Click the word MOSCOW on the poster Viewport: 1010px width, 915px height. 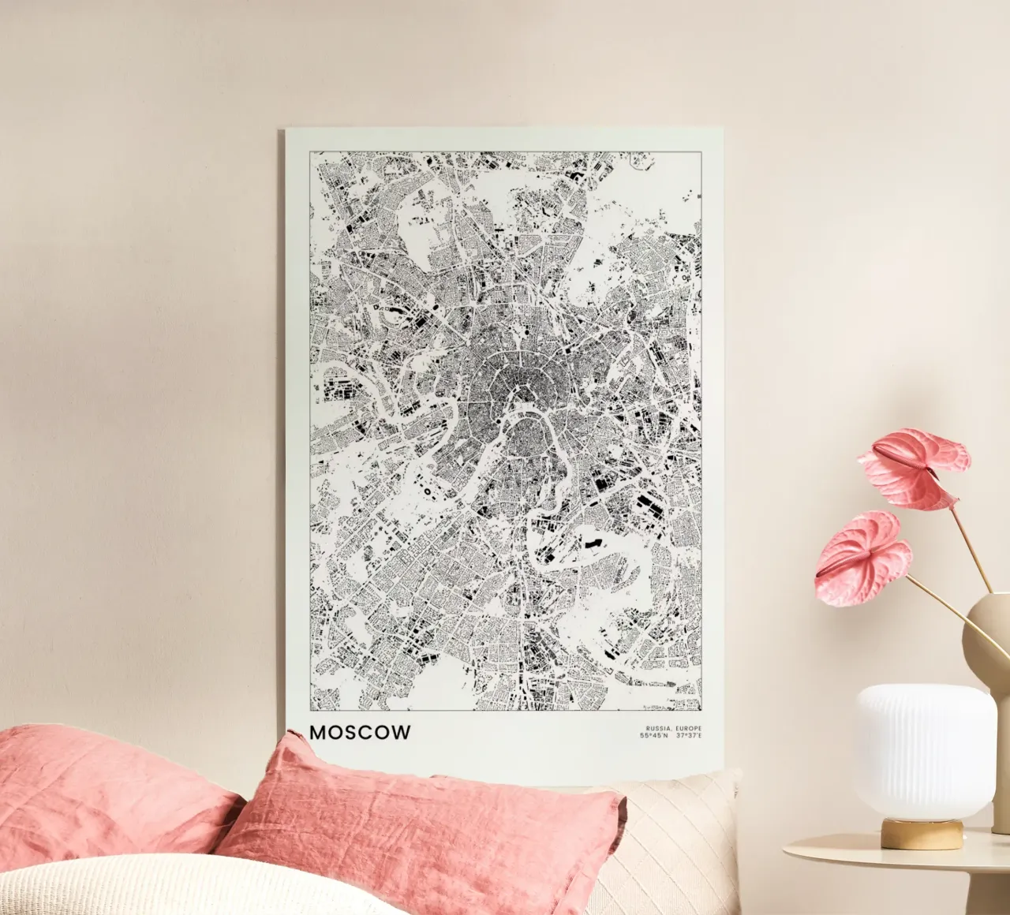[x=360, y=732]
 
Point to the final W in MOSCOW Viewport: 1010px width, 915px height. [x=402, y=732]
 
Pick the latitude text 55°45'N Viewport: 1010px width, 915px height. [x=654, y=736]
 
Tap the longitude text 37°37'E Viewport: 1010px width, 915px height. [x=689, y=736]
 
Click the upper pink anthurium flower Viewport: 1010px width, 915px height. [x=915, y=465]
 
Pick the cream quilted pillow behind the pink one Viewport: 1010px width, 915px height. [x=679, y=836]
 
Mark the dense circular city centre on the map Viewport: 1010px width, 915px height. [x=513, y=394]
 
